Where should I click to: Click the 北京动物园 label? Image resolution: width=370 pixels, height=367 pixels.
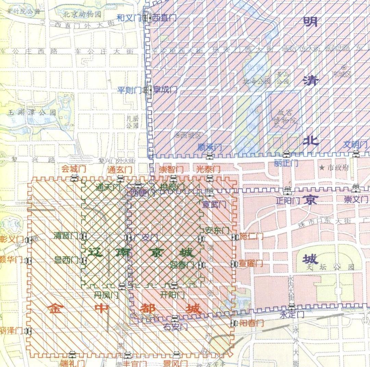click(82, 14)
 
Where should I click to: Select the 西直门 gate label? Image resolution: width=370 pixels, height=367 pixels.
click(164, 17)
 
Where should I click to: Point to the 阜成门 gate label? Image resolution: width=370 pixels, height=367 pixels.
click(165, 90)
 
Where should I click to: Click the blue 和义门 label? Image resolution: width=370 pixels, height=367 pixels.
click(129, 17)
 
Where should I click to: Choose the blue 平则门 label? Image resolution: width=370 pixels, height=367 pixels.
click(130, 90)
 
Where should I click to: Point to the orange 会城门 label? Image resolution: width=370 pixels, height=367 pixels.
click(73, 169)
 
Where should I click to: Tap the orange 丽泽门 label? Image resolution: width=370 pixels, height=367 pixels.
click(11, 331)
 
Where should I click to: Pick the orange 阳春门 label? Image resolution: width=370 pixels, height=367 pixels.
click(251, 323)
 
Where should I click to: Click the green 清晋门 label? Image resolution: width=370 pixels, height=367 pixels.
click(66, 236)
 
